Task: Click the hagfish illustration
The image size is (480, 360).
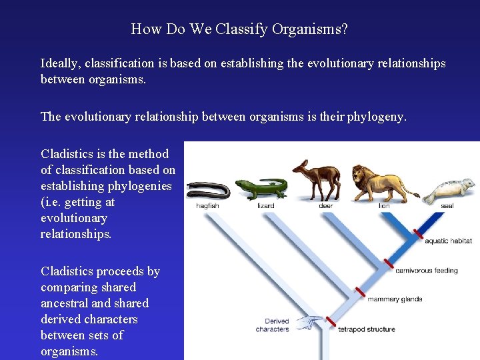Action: (209, 190)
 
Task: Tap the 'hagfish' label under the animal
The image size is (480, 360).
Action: (207, 206)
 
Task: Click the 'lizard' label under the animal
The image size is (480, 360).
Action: (265, 206)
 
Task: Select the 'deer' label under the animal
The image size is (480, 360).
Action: (325, 206)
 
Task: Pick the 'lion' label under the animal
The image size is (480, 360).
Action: (384, 206)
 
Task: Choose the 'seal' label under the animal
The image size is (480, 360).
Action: (447, 206)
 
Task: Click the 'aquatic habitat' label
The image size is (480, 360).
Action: (448, 241)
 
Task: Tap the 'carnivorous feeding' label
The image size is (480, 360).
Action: (427, 271)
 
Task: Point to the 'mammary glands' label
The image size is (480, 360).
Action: (395, 299)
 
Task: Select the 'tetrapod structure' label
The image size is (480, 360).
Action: (367, 329)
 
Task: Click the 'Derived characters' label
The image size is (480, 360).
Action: (272, 325)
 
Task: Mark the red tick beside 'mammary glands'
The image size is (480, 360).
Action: (359, 292)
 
